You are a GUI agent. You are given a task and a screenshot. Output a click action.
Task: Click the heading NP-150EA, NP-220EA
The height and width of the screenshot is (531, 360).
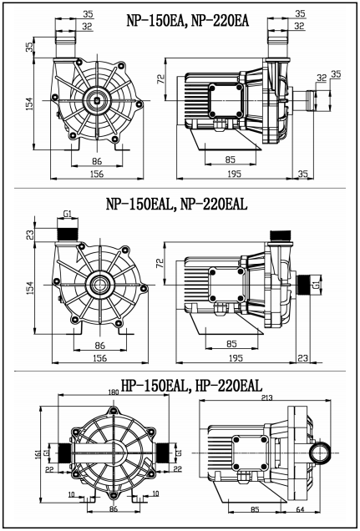click(x=188, y=21)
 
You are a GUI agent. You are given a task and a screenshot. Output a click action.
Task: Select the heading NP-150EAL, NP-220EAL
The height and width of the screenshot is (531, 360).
click(x=176, y=205)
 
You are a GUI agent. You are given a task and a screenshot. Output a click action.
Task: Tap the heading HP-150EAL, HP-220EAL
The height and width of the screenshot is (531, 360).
click(x=191, y=386)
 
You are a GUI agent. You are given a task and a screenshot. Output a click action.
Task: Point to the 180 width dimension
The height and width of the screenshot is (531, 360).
click(x=114, y=392)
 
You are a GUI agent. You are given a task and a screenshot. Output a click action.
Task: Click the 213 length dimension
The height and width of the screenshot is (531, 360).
click(x=267, y=397)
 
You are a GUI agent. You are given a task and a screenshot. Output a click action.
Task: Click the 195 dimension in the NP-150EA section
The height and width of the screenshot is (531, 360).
click(x=235, y=174)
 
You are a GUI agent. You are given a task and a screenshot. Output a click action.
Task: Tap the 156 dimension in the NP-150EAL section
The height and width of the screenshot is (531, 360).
click(x=100, y=358)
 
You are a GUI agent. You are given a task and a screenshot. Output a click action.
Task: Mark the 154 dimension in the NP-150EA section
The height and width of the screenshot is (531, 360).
click(x=30, y=104)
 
